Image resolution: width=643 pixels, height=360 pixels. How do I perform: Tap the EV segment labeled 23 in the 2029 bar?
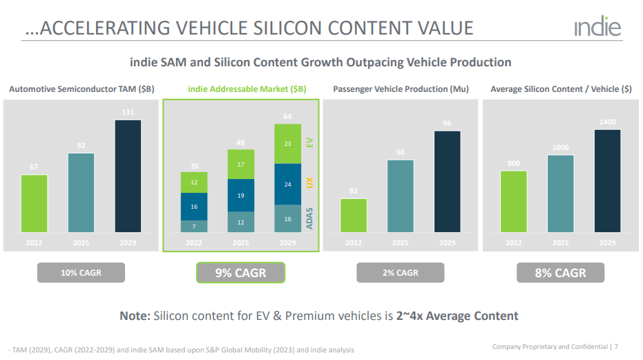[288, 144]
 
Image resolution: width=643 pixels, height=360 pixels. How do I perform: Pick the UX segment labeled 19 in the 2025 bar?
[241, 196]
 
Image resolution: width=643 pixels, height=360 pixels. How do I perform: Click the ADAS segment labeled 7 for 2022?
[194, 226]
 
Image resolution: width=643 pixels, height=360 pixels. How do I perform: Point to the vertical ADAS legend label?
[309, 218]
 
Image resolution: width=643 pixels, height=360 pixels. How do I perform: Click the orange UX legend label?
[309, 182]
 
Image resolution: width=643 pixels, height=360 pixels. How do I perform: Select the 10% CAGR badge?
[81, 273]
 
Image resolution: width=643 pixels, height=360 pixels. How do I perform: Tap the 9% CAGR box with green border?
[240, 273]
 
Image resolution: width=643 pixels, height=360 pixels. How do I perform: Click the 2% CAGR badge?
[400, 273]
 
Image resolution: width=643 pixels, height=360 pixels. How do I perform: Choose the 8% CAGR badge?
[560, 273]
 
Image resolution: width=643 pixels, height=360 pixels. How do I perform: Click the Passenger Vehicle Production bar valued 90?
[400, 196]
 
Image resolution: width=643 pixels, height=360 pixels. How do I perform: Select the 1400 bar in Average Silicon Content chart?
[607, 180]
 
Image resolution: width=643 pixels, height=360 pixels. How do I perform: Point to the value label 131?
[128, 113]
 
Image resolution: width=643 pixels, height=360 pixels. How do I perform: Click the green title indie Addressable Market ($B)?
[247, 89]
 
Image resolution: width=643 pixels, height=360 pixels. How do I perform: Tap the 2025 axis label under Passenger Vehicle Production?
[400, 243]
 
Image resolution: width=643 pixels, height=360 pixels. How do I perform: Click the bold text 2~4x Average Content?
[457, 316]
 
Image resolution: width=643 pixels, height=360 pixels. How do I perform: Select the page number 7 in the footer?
[616, 346]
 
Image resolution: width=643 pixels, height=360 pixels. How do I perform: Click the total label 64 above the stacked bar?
[288, 116]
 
